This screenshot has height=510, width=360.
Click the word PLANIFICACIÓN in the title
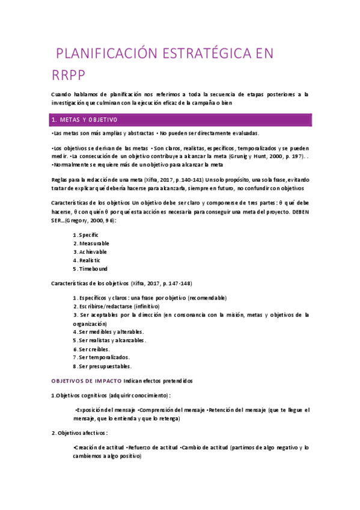click(x=105, y=54)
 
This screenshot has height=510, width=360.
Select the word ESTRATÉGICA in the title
click(x=201, y=54)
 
